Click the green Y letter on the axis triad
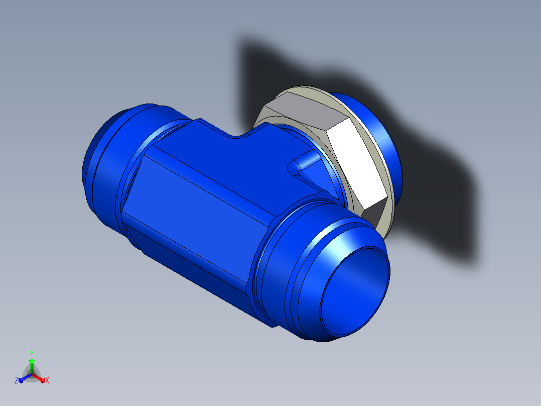pos(32,353)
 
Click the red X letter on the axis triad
pos(47,380)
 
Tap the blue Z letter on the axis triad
pos(16,380)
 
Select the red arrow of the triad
pos(38,378)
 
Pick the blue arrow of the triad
pos(25,378)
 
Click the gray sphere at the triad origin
pos(32,374)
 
